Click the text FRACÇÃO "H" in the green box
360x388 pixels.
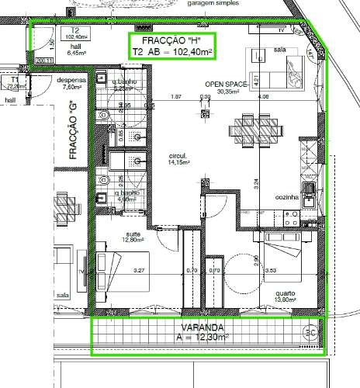pyautogui.click(x=171, y=40)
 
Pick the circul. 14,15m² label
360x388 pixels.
pyautogui.click(x=157, y=159)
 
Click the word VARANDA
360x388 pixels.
pyautogui.click(x=200, y=327)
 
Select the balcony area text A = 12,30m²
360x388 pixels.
pyautogui.click(x=200, y=338)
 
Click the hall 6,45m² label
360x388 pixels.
pyautogui.click(x=77, y=50)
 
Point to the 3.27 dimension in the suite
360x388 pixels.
pyautogui.click(x=140, y=270)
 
